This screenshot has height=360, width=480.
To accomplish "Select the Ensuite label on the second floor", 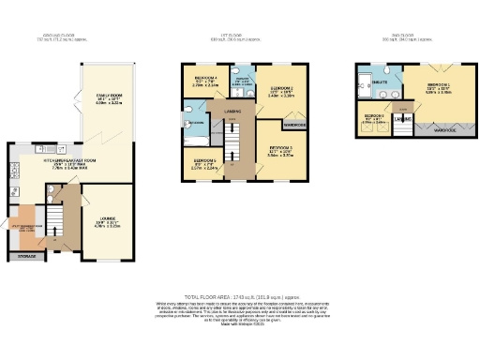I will tap(380, 83).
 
